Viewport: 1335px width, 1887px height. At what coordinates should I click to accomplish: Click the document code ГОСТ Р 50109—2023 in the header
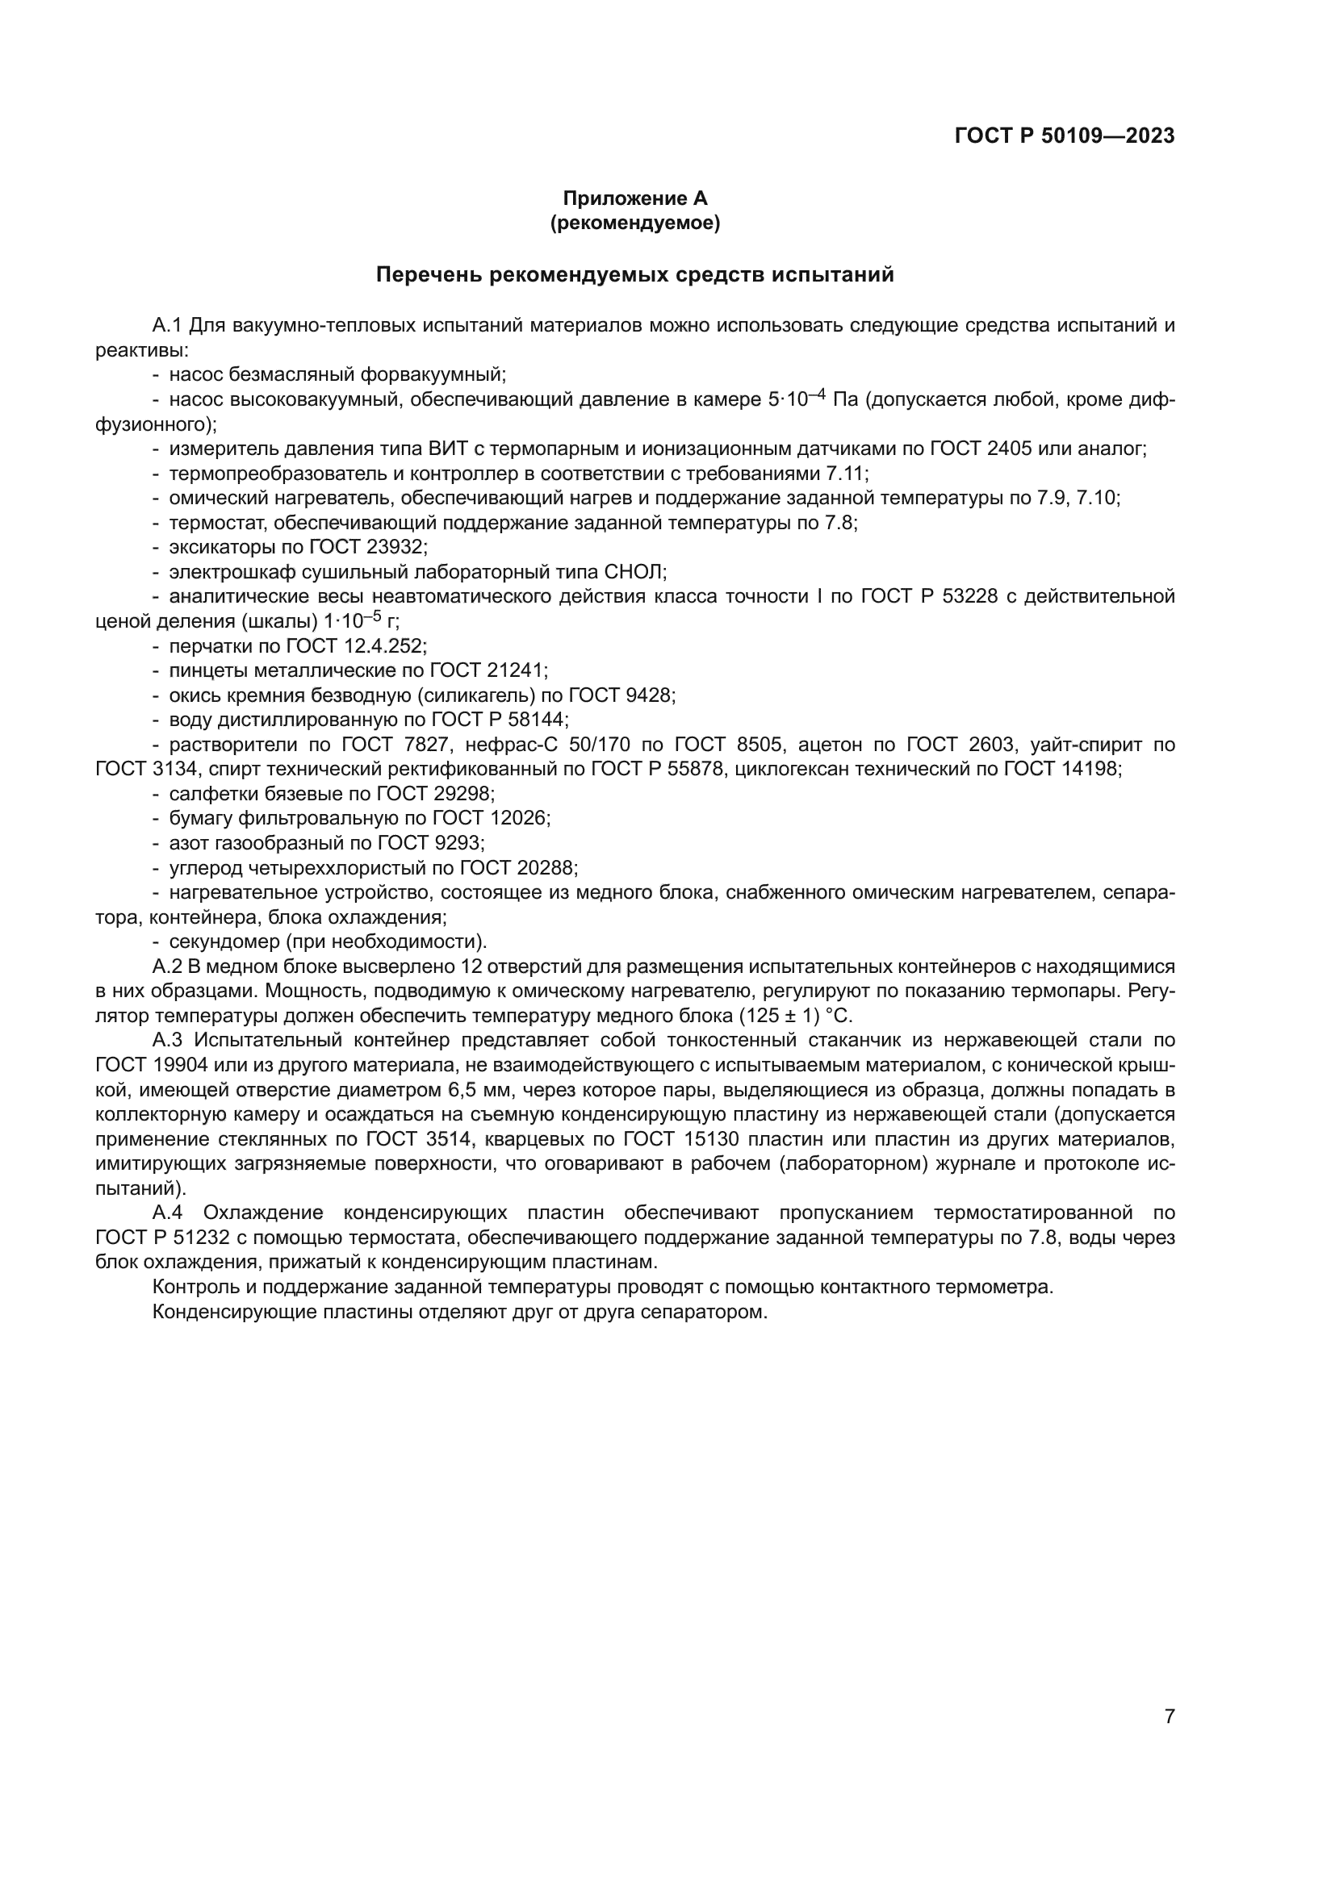tap(1065, 136)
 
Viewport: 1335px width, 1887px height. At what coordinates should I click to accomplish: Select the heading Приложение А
tap(634, 198)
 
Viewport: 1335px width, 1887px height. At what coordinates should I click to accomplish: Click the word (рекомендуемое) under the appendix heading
tap(634, 223)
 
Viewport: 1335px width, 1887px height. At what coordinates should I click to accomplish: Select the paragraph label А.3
tap(169, 1040)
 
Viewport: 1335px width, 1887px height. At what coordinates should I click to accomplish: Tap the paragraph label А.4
tap(169, 1213)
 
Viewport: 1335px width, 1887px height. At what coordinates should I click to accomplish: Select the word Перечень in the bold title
tap(429, 274)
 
